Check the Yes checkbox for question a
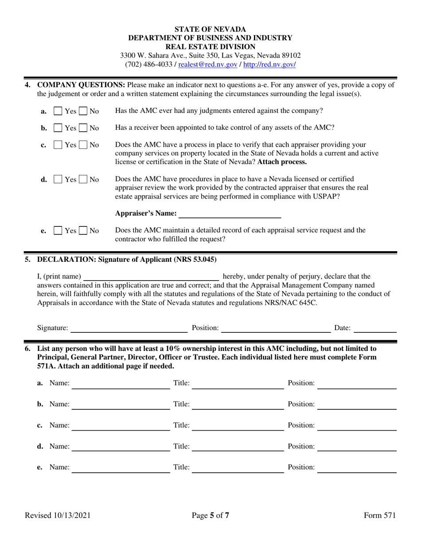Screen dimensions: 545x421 pyautogui.click(x=58, y=111)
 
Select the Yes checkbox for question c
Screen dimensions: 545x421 pyautogui.click(x=58, y=145)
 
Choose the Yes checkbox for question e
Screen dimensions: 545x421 pyautogui.click(x=58, y=231)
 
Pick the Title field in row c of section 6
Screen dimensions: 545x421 pyautogui.click(x=238, y=425)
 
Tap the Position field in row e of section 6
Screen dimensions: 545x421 pyautogui.click(x=357, y=467)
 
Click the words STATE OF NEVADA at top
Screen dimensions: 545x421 pyautogui.click(x=210, y=30)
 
